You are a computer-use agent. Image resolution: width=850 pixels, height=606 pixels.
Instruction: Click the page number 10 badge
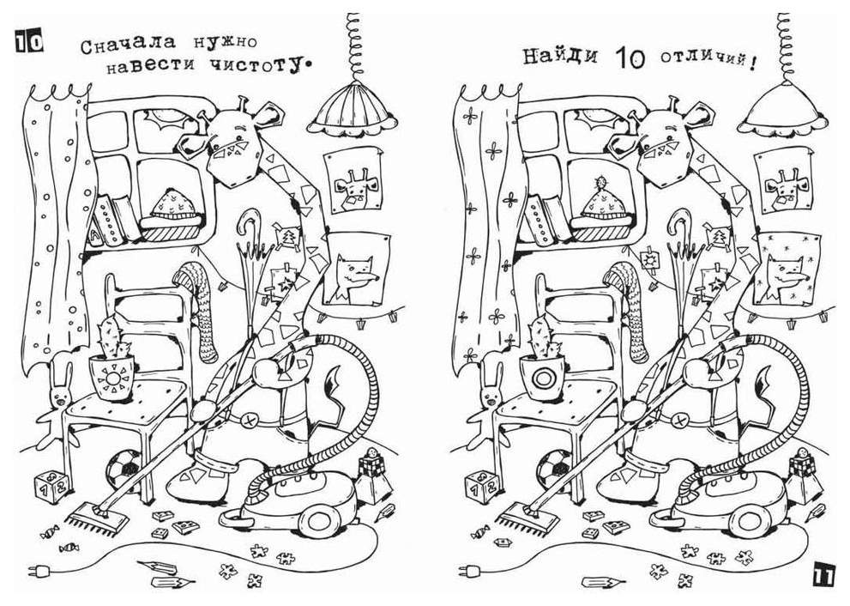27,40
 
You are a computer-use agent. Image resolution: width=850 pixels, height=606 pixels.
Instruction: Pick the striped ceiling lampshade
354,112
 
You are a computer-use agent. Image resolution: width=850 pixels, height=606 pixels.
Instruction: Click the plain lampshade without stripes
783,112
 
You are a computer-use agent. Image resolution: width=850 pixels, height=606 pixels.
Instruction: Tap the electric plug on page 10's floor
40,569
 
